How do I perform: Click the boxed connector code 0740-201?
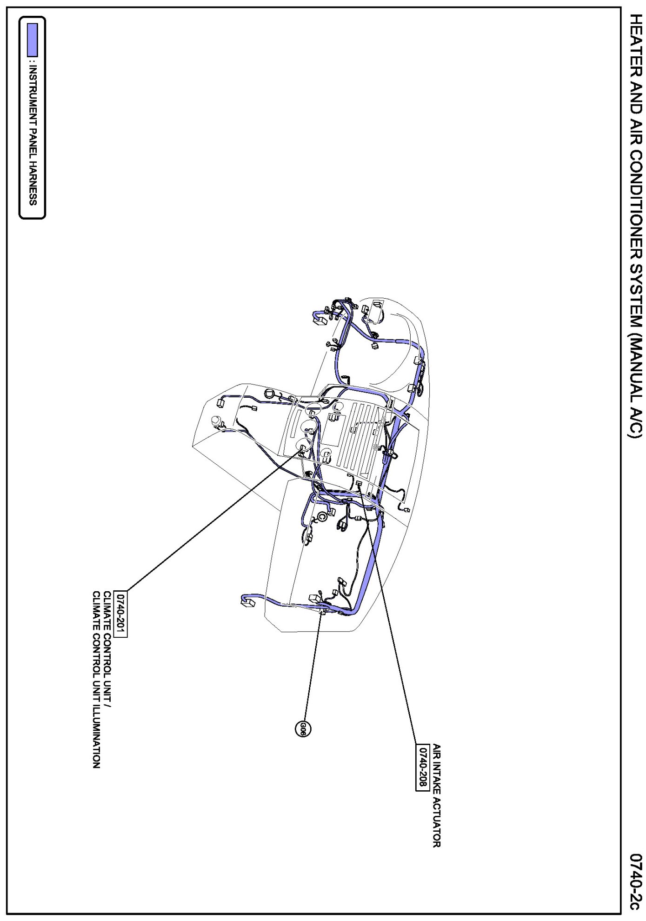coord(121,613)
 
